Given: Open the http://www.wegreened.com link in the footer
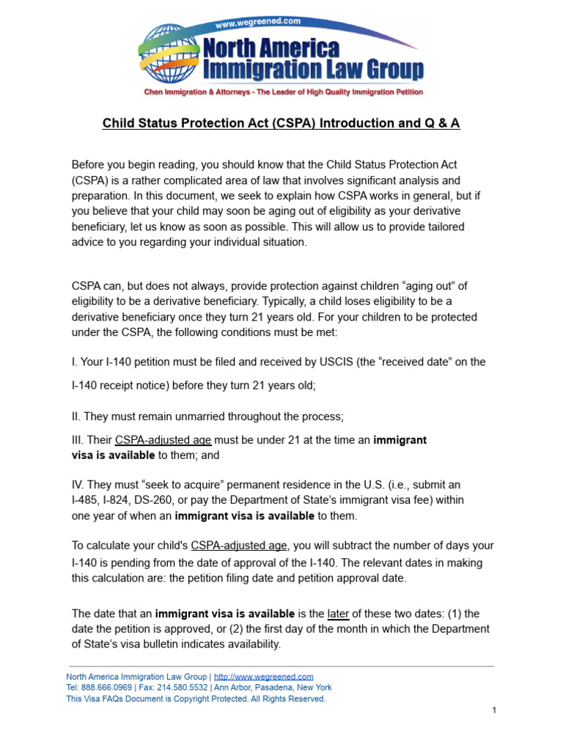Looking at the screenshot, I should point(264,676).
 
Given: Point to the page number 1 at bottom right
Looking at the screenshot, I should point(495,711).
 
